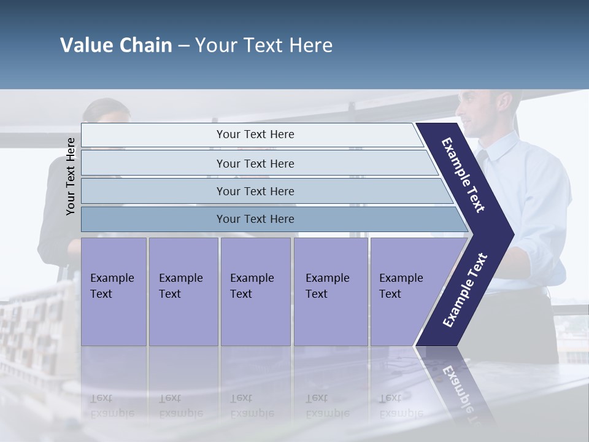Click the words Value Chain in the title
click(116, 45)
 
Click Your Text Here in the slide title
click(264, 45)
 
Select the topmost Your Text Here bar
click(255, 134)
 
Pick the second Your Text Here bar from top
click(255, 163)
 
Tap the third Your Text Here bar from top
click(255, 191)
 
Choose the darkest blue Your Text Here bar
click(255, 219)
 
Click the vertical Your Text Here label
click(71, 176)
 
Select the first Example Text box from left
click(114, 291)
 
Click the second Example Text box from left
click(183, 291)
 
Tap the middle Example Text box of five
click(255, 291)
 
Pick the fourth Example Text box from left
click(330, 291)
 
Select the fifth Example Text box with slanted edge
click(405, 291)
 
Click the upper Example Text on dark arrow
click(463, 175)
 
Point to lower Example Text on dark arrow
click(464, 290)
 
